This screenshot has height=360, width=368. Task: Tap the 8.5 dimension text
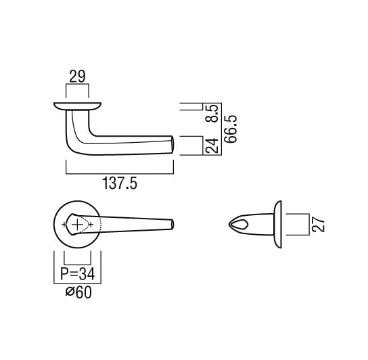(212, 110)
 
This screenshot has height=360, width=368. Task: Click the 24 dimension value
(212, 145)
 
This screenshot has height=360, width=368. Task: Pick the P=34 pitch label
(76, 274)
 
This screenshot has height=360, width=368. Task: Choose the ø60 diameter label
(76, 293)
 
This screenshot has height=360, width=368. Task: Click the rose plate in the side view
(76, 106)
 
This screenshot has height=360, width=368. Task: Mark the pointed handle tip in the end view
(232, 224)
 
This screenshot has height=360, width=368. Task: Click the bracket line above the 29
(76, 85)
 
